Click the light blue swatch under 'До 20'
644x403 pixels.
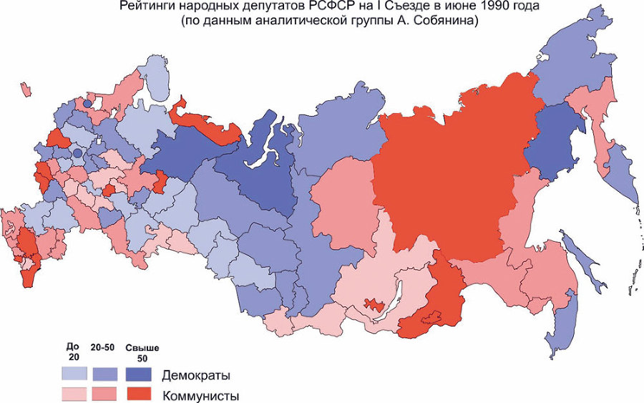(x=74, y=374)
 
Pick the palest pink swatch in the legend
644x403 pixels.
(x=74, y=394)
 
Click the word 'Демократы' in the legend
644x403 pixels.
(x=195, y=374)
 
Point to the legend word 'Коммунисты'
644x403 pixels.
(x=200, y=396)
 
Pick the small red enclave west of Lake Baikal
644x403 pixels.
(x=374, y=304)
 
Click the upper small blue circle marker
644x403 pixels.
(x=87, y=104)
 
